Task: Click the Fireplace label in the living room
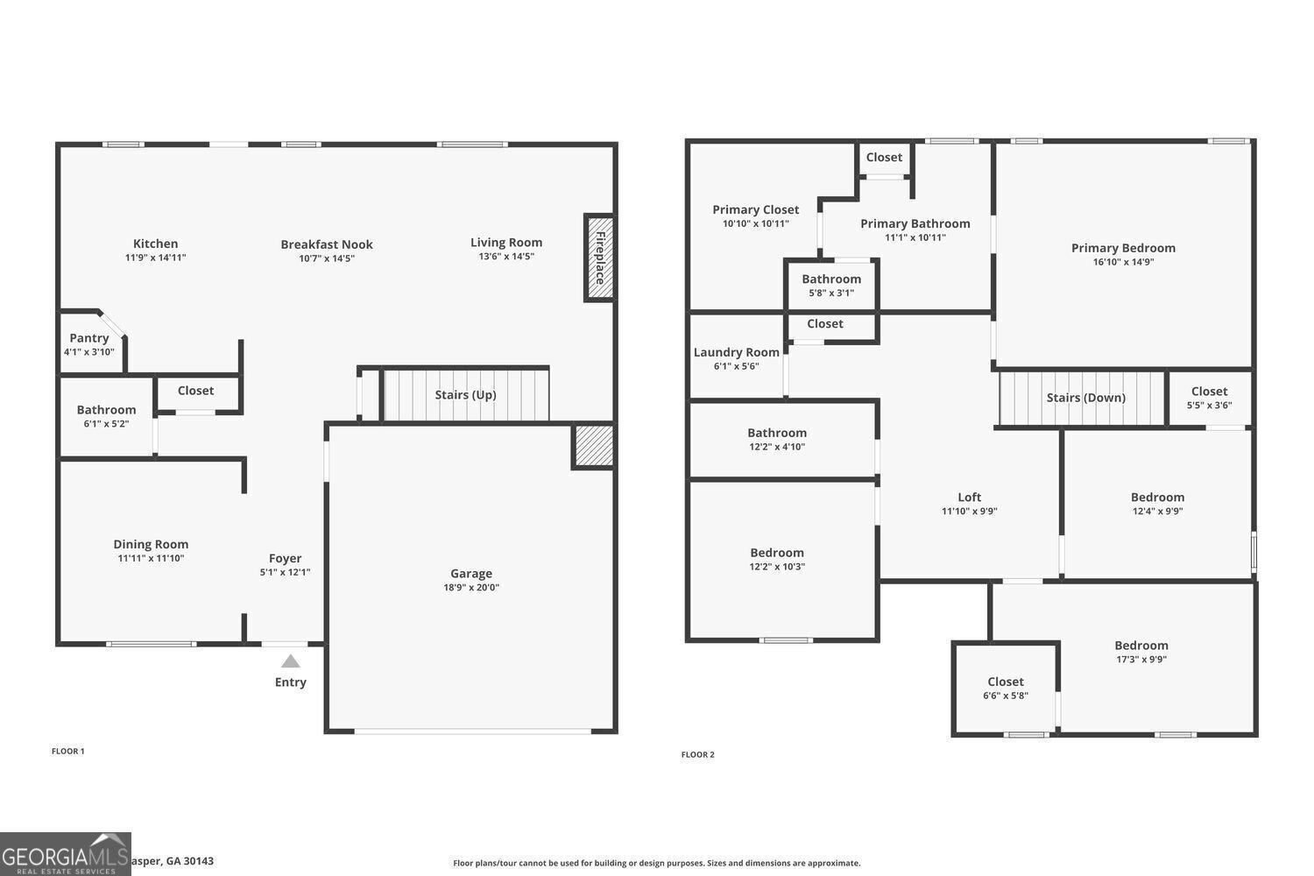click(600, 258)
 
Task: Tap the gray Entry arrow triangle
click(291, 661)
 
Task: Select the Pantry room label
click(89, 338)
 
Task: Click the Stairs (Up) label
click(465, 395)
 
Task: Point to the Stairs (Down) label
click(1085, 398)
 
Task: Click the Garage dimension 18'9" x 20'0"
click(471, 588)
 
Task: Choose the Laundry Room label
click(736, 352)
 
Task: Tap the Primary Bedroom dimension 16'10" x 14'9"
click(1123, 262)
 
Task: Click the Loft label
click(969, 497)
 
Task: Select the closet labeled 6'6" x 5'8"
click(1006, 689)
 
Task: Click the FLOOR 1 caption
click(68, 751)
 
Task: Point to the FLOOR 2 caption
click(698, 754)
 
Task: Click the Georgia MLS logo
click(66, 854)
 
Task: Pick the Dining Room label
click(151, 544)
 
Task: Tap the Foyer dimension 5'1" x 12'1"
click(285, 572)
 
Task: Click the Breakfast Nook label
click(327, 244)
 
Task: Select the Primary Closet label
click(755, 209)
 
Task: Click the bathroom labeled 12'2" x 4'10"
click(777, 439)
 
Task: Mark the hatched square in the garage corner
click(593, 446)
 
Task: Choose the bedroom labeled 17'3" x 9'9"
click(1141, 652)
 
